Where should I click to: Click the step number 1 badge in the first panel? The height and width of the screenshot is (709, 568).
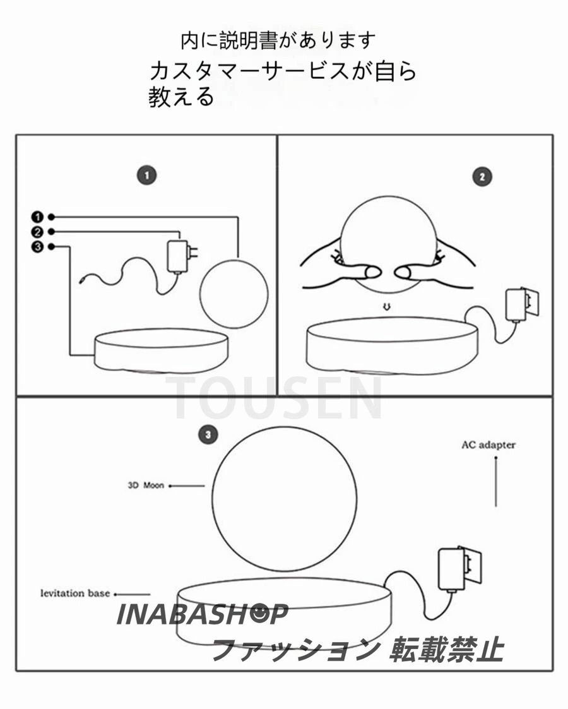pos(146,176)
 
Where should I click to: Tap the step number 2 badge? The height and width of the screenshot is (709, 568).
pos(482,177)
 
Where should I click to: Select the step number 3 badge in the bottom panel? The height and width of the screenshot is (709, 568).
pos(208,434)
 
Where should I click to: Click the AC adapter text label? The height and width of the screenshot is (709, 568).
pos(488,445)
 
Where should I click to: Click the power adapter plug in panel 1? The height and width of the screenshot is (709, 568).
pos(179,256)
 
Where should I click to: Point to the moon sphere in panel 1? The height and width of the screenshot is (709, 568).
pos(234,294)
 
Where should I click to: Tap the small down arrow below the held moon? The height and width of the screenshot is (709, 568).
pos(387,307)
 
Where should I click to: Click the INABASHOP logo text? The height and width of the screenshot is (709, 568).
pos(202,614)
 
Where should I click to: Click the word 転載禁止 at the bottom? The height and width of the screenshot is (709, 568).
pos(447,648)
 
